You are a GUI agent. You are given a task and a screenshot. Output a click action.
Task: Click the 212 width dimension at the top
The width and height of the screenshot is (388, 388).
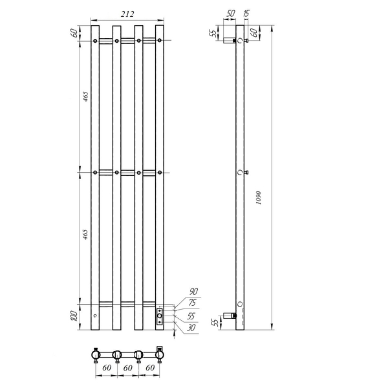[x=127, y=14]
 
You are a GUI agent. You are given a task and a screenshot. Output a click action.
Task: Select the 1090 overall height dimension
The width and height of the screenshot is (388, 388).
[x=259, y=197]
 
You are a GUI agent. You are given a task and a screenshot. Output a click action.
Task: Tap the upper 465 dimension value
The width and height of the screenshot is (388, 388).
[x=85, y=96]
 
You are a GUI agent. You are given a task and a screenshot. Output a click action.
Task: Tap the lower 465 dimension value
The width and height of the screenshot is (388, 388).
[x=85, y=234]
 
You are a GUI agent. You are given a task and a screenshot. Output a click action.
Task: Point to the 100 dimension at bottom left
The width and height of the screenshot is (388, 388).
[x=74, y=316]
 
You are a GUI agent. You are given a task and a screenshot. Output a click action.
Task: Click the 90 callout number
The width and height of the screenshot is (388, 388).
[x=193, y=292]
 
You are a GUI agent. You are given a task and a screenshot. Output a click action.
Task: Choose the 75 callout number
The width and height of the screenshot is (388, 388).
[x=192, y=303]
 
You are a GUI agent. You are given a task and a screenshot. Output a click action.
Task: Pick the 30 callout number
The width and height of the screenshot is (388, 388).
[x=191, y=328]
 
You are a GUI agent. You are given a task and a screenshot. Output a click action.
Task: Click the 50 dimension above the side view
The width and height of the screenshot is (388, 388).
[x=230, y=14]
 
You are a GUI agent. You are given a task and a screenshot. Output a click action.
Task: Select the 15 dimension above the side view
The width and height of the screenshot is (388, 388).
[x=246, y=14]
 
